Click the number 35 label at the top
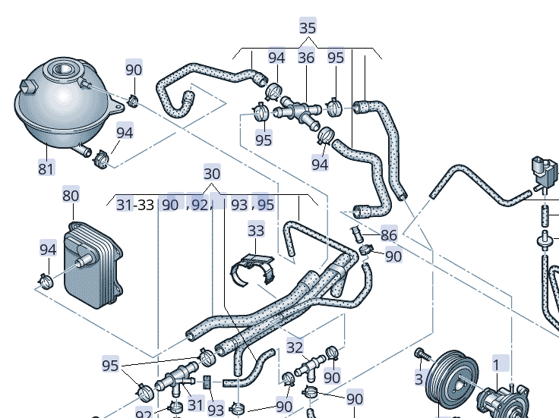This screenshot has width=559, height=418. (308, 28)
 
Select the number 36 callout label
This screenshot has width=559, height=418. (306, 58)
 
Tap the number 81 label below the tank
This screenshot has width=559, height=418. (46, 168)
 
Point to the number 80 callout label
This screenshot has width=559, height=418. (71, 196)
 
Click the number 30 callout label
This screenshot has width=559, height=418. (213, 172)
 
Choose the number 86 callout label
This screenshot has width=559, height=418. (389, 235)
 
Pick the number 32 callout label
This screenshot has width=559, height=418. (295, 348)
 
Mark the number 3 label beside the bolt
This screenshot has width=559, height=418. (418, 379)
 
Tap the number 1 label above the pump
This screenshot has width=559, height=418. (497, 365)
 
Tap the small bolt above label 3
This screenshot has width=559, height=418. (418, 353)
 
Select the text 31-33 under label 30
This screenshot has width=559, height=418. (135, 205)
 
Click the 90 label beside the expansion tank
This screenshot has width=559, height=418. (134, 69)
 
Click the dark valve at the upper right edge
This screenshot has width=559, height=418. (542, 171)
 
